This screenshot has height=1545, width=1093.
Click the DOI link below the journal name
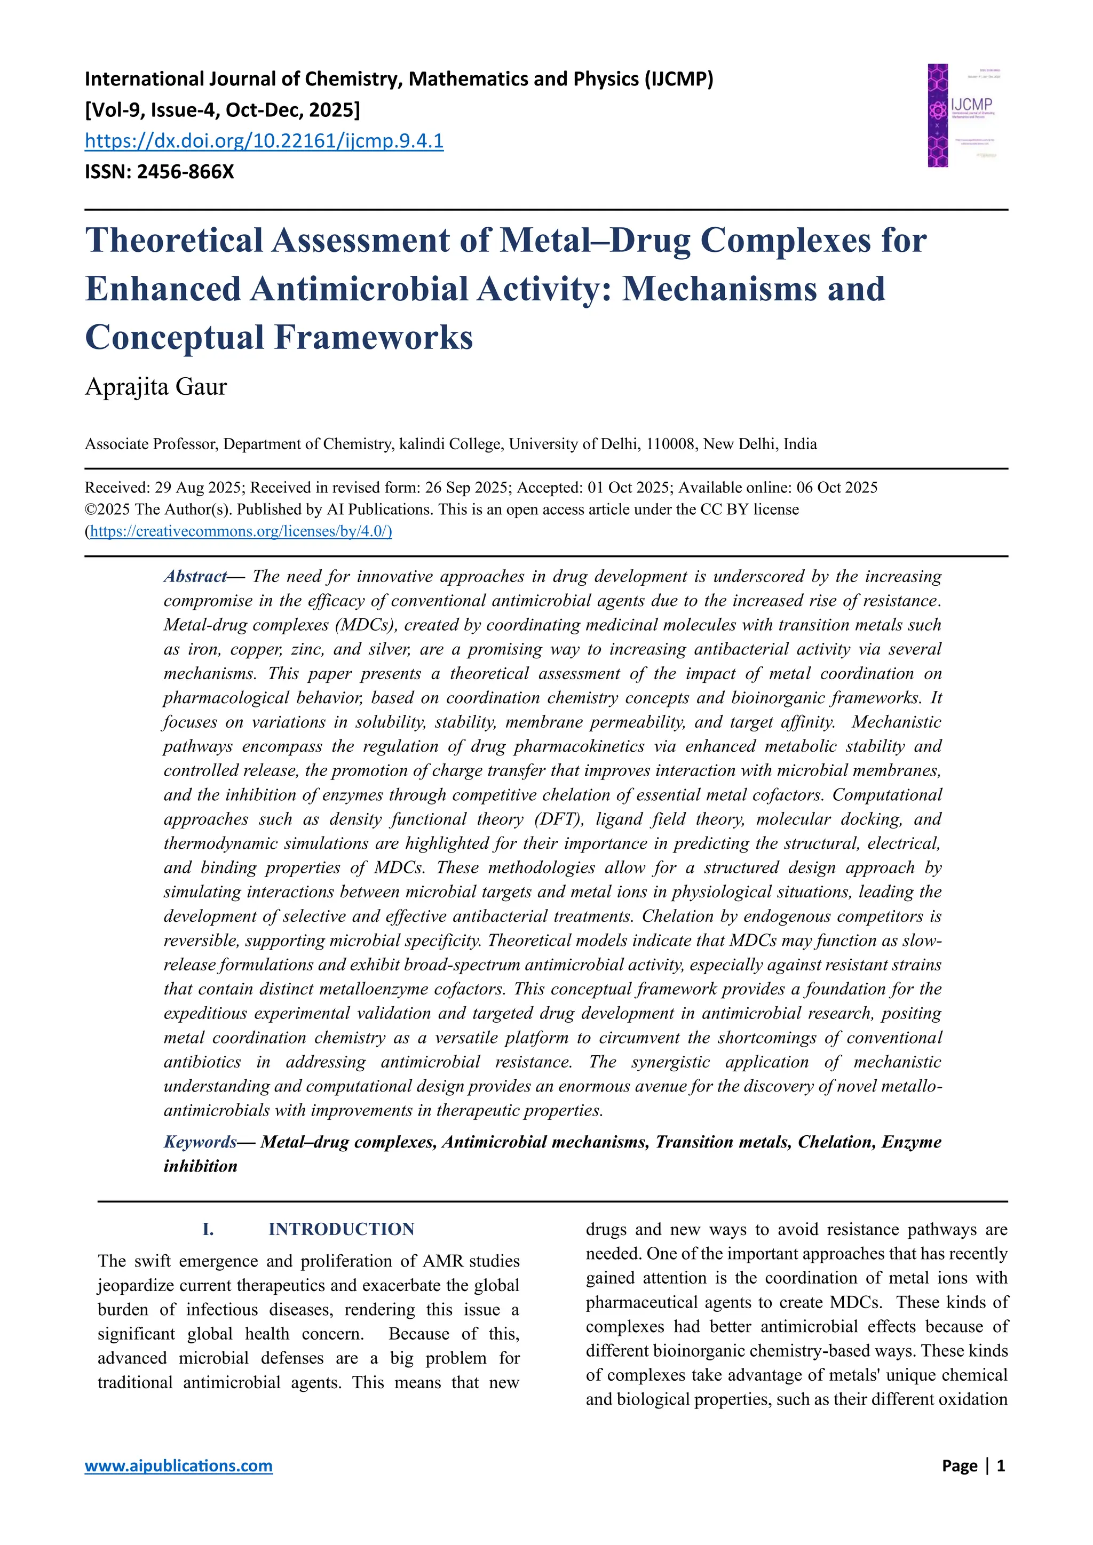(x=264, y=141)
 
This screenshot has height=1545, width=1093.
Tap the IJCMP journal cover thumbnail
(x=962, y=116)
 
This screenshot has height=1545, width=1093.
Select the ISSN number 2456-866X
(x=185, y=172)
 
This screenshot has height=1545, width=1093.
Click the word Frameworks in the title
(x=374, y=337)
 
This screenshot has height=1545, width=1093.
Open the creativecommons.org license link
(x=240, y=531)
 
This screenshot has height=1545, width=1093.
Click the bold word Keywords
(x=200, y=1142)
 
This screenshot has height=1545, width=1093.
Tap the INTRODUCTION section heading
(x=341, y=1229)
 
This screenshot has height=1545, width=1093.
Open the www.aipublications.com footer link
(x=178, y=1466)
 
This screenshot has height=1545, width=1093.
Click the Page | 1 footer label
(x=973, y=1466)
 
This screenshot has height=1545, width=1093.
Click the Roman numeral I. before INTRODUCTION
(x=208, y=1229)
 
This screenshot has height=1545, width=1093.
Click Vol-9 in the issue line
(x=113, y=110)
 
